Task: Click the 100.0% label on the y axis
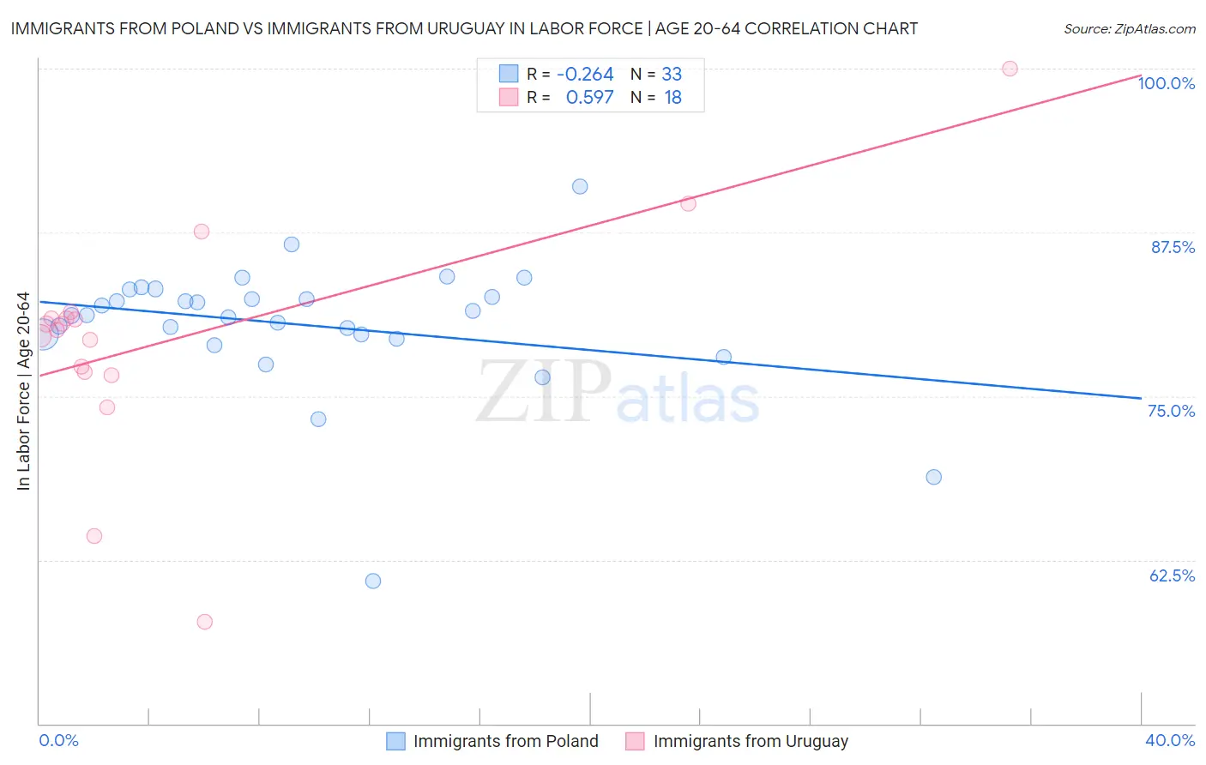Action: click(x=1166, y=83)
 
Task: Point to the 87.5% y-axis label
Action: click(x=1172, y=247)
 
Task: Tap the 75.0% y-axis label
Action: click(x=1171, y=411)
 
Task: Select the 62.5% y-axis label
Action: click(x=1172, y=575)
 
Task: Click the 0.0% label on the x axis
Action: click(x=58, y=740)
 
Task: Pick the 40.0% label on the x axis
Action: click(x=1169, y=740)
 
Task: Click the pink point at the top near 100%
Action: click(x=1010, y=69)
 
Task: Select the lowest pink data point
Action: click(x=204, y=622)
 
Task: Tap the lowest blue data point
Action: click(x=373, y=581)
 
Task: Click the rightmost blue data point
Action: click(x=934, y=477)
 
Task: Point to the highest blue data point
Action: click(x=580, y=186)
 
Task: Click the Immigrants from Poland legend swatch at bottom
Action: click(x=395, y=741)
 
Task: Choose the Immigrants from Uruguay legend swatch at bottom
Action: click(x=635, y=741)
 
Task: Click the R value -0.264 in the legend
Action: click(x=585, y=75)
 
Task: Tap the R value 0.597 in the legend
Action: click(x=589, y=98)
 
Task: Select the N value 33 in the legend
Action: click(x=672, y=75)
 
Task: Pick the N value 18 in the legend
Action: click(x=672, y=98)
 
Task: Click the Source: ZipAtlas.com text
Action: click(x=1129, y=29)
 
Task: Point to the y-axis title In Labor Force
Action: click(x=23, y=391)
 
